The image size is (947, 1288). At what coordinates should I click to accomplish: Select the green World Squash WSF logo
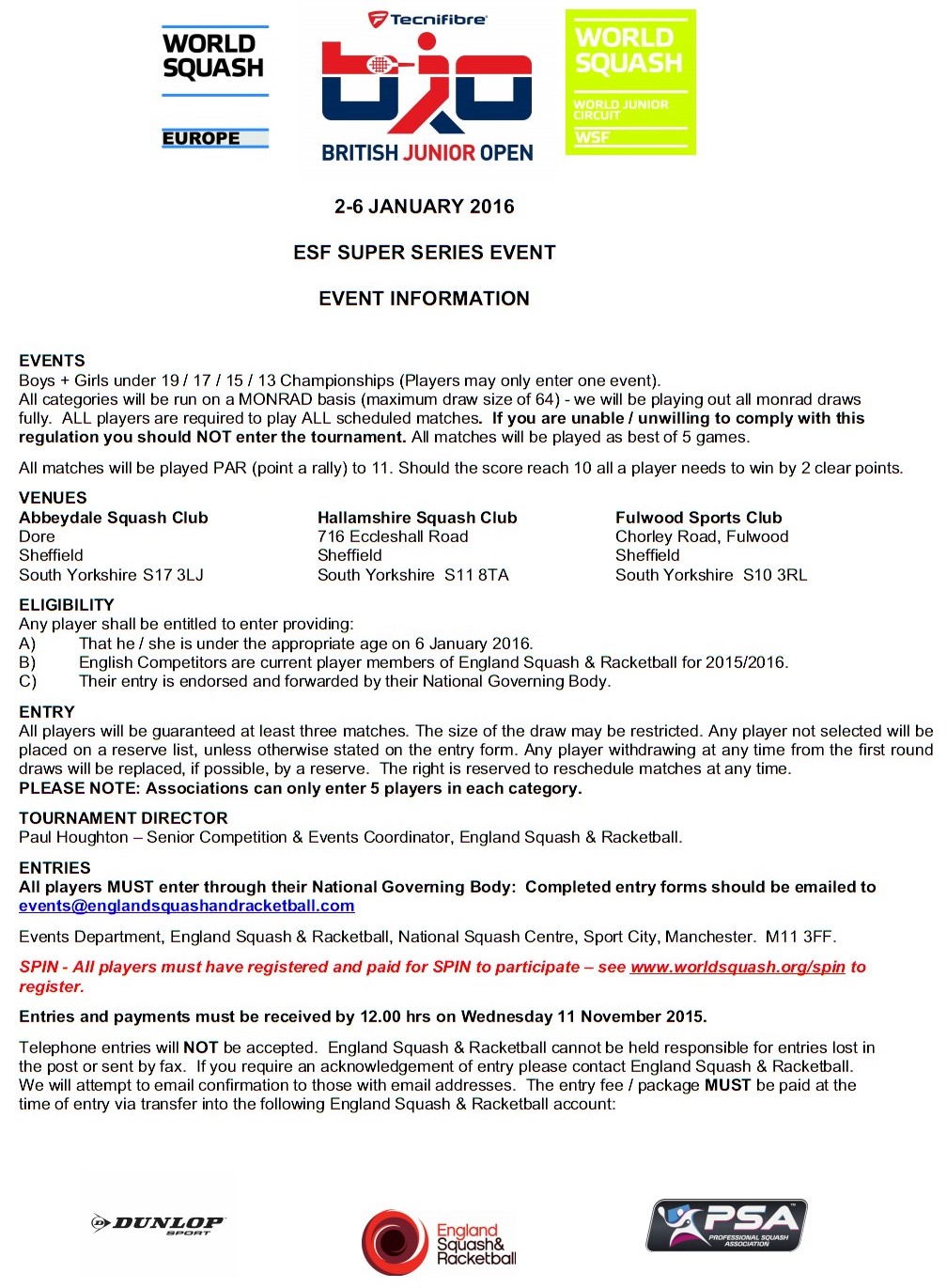pos(630,82)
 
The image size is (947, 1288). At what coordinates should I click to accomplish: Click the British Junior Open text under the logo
pos(427,153)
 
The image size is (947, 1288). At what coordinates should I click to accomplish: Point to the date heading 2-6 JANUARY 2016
pos(425,207)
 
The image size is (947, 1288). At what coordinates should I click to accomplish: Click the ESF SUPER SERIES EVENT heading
pos(425,253)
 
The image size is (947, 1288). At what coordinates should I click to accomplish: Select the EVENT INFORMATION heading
pos(425,299)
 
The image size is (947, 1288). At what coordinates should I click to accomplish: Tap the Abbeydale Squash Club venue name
pos(114,518)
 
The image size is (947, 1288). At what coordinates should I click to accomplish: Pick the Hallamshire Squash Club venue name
pos(417,518)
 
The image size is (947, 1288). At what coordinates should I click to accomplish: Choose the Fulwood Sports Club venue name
pos(698,518)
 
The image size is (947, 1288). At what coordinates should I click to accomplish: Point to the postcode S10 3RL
pos(774,575)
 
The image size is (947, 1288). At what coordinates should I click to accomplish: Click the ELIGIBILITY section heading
pos(67,605)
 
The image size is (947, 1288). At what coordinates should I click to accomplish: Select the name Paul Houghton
pos(73,837)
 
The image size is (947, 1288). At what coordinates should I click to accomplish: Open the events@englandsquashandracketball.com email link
pos(187,907)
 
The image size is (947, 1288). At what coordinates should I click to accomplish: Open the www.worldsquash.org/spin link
pos(737,967)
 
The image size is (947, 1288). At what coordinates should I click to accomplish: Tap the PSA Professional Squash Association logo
pos(726,1226)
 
